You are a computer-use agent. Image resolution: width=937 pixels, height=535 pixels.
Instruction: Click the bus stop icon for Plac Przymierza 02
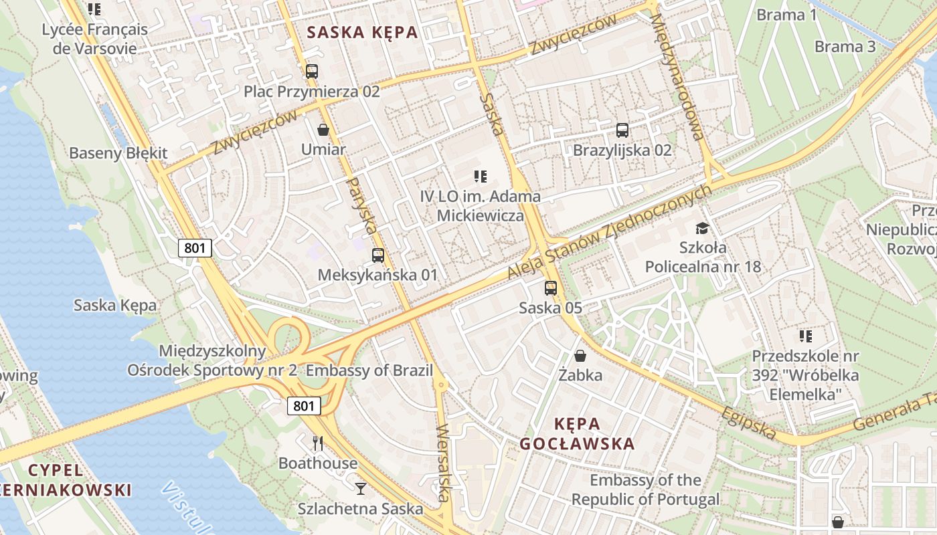(x=311, y=72)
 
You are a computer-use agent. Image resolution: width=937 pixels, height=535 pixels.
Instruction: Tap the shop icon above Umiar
(x=323, y=130)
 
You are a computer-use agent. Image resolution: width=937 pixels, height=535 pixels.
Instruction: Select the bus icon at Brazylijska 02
(x=622, y=130)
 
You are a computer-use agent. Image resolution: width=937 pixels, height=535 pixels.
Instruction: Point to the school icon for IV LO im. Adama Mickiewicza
(x=480, y=177)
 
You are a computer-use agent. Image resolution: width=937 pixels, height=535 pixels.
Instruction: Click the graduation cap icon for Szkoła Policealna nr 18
(x=702, y=228)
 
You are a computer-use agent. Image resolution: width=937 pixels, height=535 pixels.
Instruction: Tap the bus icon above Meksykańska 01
(x=377, y=255)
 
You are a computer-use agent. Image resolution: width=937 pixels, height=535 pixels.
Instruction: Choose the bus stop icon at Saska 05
(x=551, y=288)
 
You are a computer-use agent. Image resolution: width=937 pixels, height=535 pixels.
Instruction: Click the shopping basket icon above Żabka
(x=580, y=356)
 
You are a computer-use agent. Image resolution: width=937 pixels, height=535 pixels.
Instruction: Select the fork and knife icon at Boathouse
(x=318, y=443)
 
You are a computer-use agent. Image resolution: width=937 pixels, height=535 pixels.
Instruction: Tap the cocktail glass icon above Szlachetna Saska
(x=361, y=489)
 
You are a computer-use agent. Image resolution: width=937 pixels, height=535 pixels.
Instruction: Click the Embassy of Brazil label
(x=369, y=370)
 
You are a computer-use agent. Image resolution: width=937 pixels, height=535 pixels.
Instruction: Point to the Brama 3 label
(x=845, y=47)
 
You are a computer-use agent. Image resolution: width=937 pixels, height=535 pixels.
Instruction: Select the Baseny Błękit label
(x=118, y=153)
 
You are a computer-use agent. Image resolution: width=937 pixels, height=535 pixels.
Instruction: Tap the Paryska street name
(x=361, y=205)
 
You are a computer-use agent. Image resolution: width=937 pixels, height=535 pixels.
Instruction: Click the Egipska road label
(x=749, y=423)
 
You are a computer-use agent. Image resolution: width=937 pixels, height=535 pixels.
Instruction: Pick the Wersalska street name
(x=442, y=463)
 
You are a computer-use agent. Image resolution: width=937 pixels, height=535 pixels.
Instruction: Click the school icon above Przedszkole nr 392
(x=805, y=336)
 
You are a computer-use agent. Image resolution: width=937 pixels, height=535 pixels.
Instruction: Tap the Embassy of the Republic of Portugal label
(x=645, y=490)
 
